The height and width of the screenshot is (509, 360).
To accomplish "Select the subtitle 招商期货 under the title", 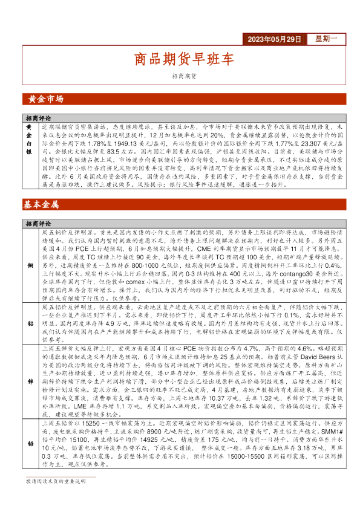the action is (x=183, y=76).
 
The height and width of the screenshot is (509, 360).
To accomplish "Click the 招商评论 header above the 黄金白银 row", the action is (x=38, y=118).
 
